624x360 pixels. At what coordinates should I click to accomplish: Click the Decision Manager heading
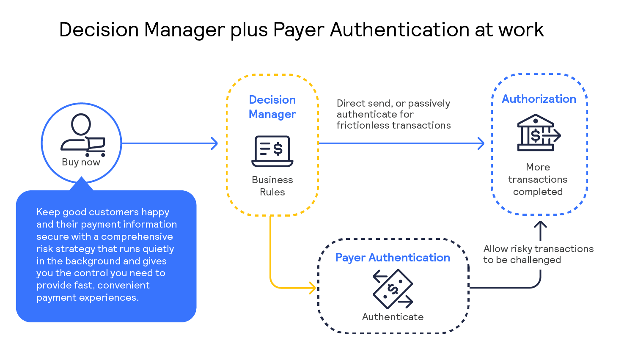(x=272, y=107)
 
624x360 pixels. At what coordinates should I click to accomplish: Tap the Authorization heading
(x=539, y=99)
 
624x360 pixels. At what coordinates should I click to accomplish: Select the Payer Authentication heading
(x=392, y=258)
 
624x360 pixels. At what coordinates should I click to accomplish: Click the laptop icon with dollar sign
(x=272, y=151)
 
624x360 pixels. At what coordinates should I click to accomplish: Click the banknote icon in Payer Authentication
(x=393, y=289)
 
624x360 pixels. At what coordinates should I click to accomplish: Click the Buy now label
(x=81, y=162)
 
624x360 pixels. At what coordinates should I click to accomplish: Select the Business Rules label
(x=272, y=186)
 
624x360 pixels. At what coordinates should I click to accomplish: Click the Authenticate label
(x=393, y=317)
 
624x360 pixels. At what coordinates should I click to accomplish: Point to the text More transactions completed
(x=538, y=179)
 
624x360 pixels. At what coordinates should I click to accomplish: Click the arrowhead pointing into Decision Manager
(x=215, y=143)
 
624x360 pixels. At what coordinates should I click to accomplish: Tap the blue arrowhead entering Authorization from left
(x=481, y=143)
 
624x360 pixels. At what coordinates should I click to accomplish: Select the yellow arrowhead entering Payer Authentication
(x=313, y=288)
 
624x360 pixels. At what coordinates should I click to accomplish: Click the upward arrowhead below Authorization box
(x=540, y=225)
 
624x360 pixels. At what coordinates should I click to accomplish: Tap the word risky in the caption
(x=521, y=249)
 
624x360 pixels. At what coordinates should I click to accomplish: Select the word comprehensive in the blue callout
(x=137, y=236)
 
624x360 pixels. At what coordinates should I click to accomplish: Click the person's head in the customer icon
(x=81, y=124)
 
